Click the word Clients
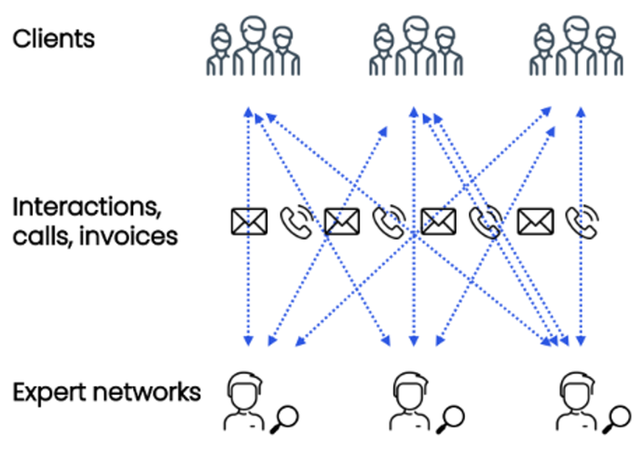point(54,39)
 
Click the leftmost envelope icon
point(248,221)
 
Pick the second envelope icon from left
point(341,221)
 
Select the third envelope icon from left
point(438,221)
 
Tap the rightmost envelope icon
point(535,221)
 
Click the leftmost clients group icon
point(253,47)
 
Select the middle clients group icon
point(416,47)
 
